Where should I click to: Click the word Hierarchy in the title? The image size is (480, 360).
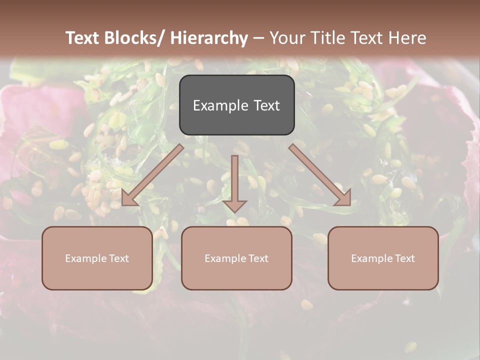coord(209,38)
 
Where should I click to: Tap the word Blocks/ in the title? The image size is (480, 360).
coord(135,38)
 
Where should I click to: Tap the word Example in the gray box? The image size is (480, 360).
coord(217,106)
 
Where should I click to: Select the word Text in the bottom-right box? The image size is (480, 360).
coord(404,258)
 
